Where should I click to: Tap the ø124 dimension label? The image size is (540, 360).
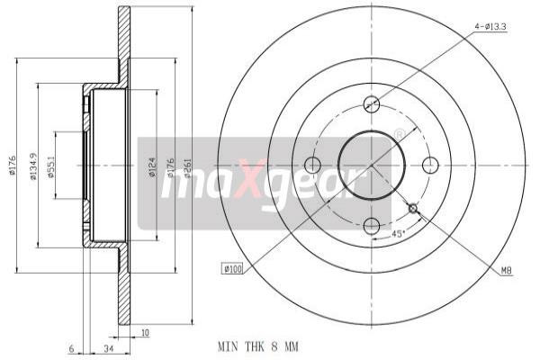click(152, 166)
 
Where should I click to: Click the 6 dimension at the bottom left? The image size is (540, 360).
click(68, 348)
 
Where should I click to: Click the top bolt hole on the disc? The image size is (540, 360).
click(371, 104)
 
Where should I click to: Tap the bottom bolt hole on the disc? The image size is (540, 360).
click(371, 224)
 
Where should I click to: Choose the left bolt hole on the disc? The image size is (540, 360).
click(312, 165)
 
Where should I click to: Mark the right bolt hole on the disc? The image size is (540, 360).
click(430, 165)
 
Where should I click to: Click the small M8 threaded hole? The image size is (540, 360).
click(413, 209)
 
